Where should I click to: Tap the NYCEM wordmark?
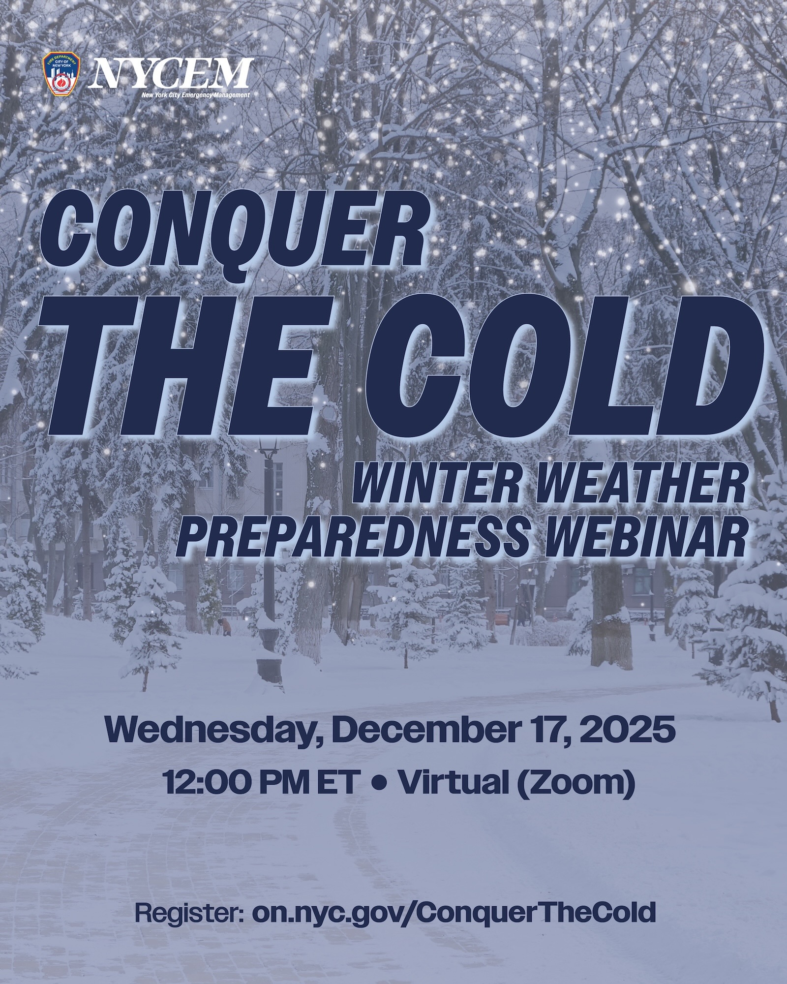[x=172, y=74]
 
